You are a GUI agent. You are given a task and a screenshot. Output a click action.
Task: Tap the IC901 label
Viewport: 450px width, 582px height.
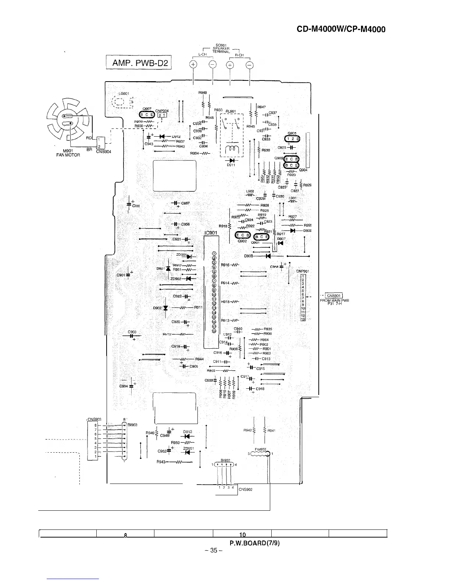pyautogui.click(x=211, y=233)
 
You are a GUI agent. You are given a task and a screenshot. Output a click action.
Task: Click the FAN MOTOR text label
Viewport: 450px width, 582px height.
pyautogui.click(x=68, y=154)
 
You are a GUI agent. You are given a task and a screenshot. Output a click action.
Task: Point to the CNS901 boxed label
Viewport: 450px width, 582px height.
pyautogui.click(x=335, y=296)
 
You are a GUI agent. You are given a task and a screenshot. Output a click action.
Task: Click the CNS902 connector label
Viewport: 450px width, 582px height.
pyautogui.click(x=246, y=489)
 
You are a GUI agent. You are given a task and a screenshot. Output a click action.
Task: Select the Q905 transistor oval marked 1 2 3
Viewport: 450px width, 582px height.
pyautogui.click(x=293, y=139)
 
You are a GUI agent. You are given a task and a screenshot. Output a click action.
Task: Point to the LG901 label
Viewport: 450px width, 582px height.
pyautogui.click(x=123, y=93)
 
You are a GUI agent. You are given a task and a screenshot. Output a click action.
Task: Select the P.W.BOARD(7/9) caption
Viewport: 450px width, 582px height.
pyautogui.click(x=255, y=543)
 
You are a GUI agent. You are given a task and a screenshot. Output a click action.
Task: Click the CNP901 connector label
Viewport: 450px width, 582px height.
pyautogui.click(x=303, y=272)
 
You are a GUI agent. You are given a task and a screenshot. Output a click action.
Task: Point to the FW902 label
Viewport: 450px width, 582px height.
pyautogui.click(x=261, y=449)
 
